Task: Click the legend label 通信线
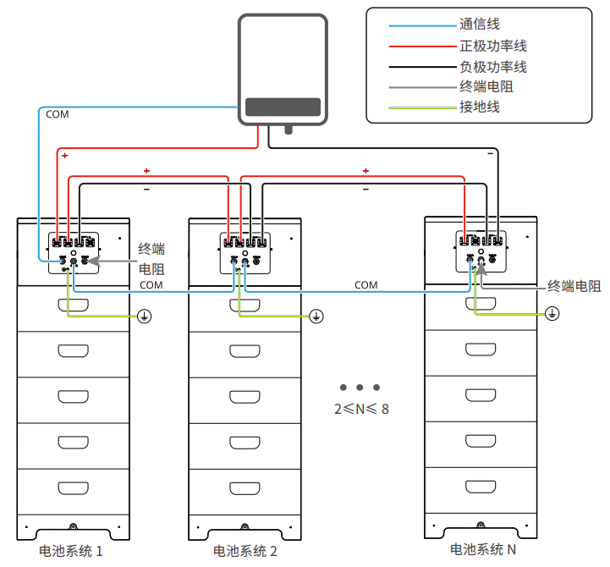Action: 479,25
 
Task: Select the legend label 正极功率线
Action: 492,46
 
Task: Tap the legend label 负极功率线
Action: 492,66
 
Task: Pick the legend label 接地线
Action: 479,107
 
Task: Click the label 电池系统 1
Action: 72,551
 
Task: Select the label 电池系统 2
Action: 245,551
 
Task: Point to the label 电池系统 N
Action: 483,549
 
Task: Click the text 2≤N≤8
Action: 361,408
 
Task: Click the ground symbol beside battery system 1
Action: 145,316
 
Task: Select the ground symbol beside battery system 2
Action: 316,316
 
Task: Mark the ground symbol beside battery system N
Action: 552,314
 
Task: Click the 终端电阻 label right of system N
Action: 574,286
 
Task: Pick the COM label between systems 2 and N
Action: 365,285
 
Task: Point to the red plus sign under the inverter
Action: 64,157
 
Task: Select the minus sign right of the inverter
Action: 490,156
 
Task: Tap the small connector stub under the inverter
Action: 289,129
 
